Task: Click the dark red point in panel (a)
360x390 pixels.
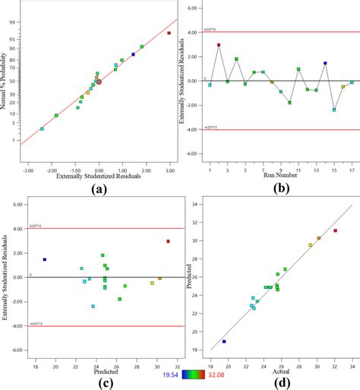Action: (169, 33)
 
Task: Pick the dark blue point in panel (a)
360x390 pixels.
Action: (134, 54)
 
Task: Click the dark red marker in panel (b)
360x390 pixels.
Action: (219, 45)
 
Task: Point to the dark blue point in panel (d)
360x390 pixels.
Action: (224, 341)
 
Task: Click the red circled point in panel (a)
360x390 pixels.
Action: (99, 81)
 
